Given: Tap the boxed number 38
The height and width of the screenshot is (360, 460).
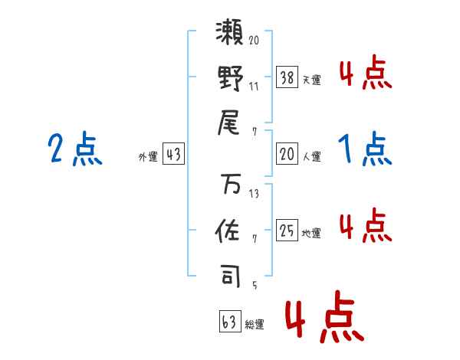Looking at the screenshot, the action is tap(287, 77).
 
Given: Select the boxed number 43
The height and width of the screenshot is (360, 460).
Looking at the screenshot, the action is tap(173, 155).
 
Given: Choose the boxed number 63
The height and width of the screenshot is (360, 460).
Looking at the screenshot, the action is tap(229, 322).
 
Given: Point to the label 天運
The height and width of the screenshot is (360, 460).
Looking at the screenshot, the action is tap(311, 80).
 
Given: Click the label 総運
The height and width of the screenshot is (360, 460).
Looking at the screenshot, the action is tap(255, 325).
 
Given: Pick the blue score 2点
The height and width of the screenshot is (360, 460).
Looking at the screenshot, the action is tap(75, 149).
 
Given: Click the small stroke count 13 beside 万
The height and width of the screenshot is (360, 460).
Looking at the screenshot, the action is tap(254, 194).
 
